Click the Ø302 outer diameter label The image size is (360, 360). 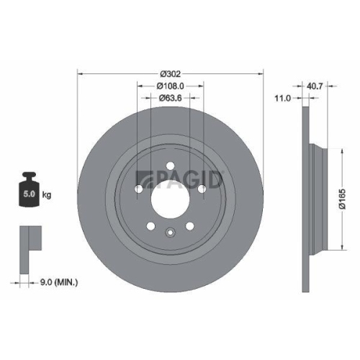click(170, 74)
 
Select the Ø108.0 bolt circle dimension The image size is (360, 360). click(170, 86)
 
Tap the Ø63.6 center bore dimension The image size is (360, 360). click(170, 98)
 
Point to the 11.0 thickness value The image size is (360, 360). click(284, 98)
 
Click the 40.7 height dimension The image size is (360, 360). click(315, 85)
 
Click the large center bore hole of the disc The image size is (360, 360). click(170, 195)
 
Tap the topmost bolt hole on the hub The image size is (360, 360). click(170, 167)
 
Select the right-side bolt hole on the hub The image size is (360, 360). click(202, 189)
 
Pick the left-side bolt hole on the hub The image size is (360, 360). click(138, 189)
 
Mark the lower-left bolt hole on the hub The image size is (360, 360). click(151, 225)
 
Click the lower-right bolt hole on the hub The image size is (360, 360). click(189, 225)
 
